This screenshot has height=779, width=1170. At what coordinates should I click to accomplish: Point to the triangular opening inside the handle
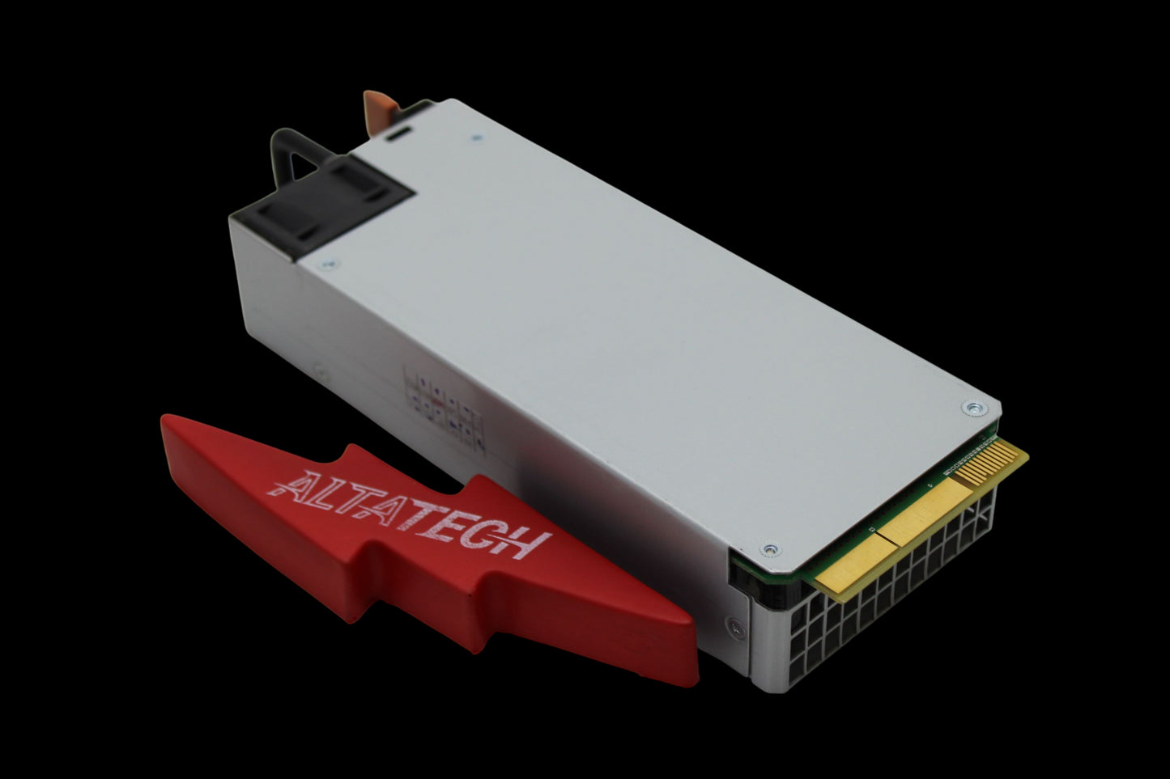point(302,167)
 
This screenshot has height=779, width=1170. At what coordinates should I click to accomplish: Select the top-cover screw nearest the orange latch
point(476,138)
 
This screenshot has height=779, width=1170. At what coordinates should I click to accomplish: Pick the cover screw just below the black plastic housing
point(329,265)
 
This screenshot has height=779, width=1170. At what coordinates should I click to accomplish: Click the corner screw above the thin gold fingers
point(973,408)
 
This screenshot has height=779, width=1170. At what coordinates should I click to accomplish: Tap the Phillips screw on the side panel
point(734,625)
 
